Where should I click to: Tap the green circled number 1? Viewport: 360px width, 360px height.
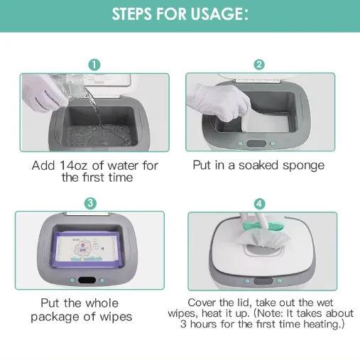pos(95,65)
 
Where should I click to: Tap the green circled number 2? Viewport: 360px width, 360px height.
pos(259,65)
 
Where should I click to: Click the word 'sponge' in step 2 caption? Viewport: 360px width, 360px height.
pos(300,165)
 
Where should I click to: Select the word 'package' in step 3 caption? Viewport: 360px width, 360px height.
pos(60,317)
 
